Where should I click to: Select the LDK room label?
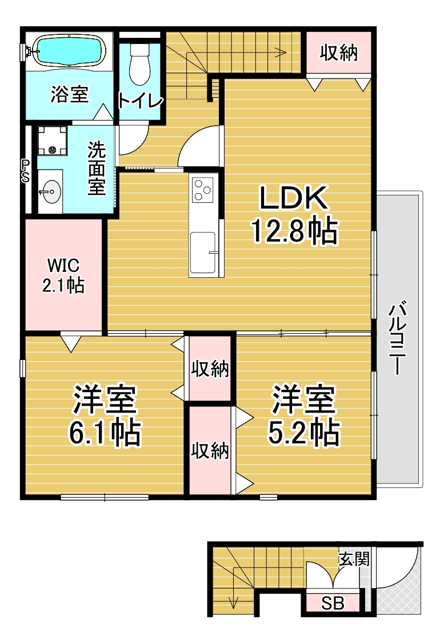coord(294,198)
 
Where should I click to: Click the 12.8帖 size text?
coord(294,231)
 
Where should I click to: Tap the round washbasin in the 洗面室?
coord(50,191)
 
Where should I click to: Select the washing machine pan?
coord(52,141)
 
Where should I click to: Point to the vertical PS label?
coord(26,171)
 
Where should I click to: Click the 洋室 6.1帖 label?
coord(105,415)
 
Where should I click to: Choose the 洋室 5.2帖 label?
coord(304,415)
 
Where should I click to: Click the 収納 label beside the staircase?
coord(339,53)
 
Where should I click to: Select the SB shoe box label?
coord(333,603)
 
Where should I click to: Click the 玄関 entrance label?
coord(354,559)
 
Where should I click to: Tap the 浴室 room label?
coord(69,94)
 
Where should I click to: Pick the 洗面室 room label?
coord(97,169)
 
